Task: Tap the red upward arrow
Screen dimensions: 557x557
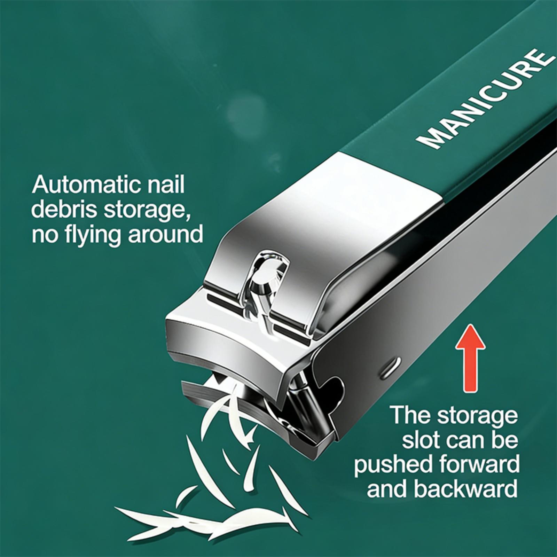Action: click(x=470, y=362)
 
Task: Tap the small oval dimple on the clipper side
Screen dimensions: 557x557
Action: click(x=390, y=368)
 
